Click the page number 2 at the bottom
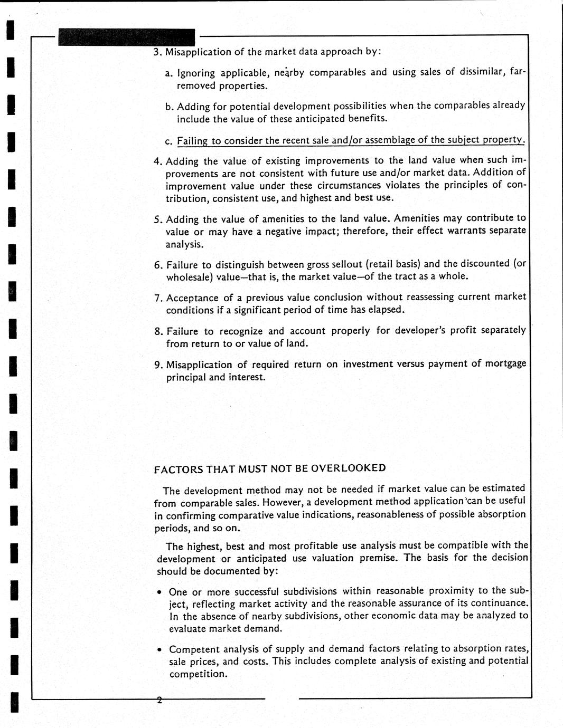click(158, 700)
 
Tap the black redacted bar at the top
click(127, 37)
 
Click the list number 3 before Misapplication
click(157, 52)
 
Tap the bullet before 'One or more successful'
click(160, 592)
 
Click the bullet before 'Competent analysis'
click(160, 650)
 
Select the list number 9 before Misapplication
click(157, 365)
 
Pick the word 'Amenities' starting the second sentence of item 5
click(417, 218)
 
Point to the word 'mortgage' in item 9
click(505, 363)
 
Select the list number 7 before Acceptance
click(157, 298)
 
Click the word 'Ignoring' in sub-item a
click(196, 73)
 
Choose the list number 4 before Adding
click(157, 161)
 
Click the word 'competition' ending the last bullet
click(198, 674)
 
